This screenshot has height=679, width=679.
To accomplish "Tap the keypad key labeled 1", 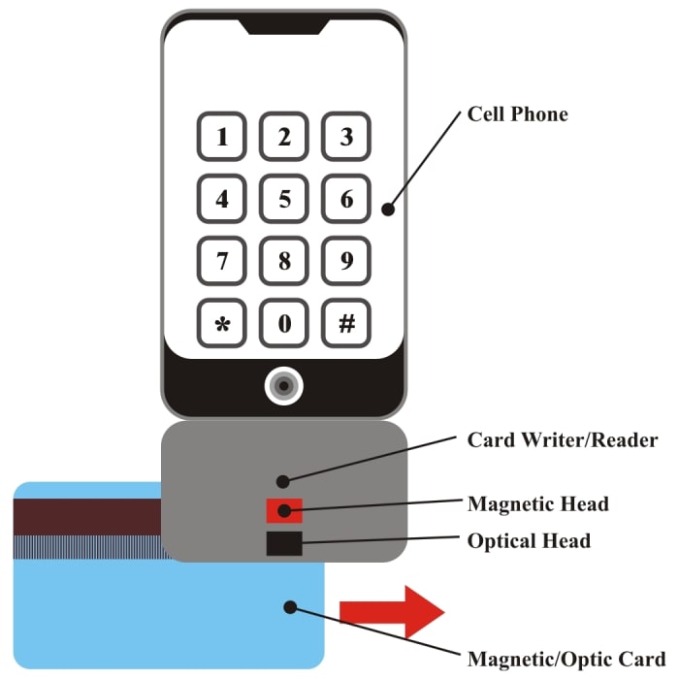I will click(x=223, y=137).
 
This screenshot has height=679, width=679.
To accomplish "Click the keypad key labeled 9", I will click(x=346, y=261).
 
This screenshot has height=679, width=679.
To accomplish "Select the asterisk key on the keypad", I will click(x=223, y=324).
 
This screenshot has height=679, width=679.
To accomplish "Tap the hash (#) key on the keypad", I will click(x=346, y=324).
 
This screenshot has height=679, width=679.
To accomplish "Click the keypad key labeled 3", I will click(x=346, y=137).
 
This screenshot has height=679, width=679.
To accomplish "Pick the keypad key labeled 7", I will click(x=223, y=261).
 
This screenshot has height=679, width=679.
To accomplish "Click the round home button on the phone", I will click(x=283, y=386).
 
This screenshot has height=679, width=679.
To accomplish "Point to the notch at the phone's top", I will click(x=284, y=25).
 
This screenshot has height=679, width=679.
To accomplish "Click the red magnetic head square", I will click(x=284, y=510).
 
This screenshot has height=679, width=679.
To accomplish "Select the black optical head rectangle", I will click(x=284, y=543).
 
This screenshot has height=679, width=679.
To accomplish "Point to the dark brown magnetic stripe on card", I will click(x=87, y=517).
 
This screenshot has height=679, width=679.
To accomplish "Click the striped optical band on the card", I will click(x=87, y=547).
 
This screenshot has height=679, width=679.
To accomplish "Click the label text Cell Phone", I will click(x=517, y=114).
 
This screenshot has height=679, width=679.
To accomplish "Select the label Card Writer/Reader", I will click(x=563, y=439).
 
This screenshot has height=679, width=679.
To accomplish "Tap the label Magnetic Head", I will click(x=537, y=504).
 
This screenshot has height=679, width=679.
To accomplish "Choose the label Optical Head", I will click(x=529, y=540).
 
